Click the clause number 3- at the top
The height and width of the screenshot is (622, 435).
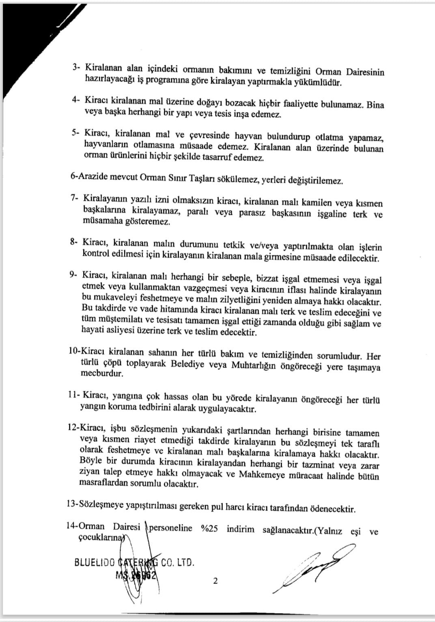point(75,68)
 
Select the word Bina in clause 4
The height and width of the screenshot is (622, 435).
point(375,105)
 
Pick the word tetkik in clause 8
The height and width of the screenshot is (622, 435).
point(229,245)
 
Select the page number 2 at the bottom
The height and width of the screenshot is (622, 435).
point(215,581)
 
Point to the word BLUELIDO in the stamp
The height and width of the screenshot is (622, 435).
point(95,563)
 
